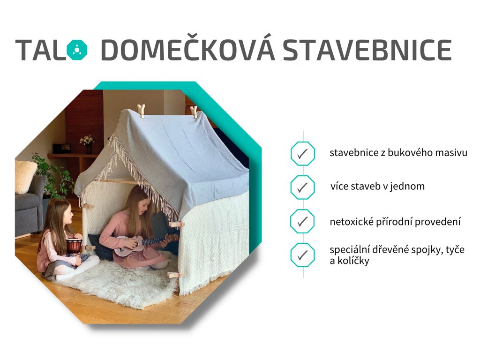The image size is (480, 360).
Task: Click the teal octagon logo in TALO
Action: tap(77, 49)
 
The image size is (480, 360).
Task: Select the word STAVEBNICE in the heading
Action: tap(367, 50)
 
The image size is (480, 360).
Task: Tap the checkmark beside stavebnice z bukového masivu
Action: tap(302, 154)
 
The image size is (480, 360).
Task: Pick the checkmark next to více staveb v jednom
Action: tap(302, 187)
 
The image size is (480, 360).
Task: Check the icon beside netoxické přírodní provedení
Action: tap(302, 221)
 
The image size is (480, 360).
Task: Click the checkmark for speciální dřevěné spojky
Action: tap(302, 255)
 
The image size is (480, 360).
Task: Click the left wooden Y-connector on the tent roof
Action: tap(141, 111)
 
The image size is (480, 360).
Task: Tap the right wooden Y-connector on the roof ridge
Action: tap(194, 112)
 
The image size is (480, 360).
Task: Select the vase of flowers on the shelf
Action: tap(88, 144)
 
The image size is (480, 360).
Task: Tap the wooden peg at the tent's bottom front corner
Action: tap(175, 275)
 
